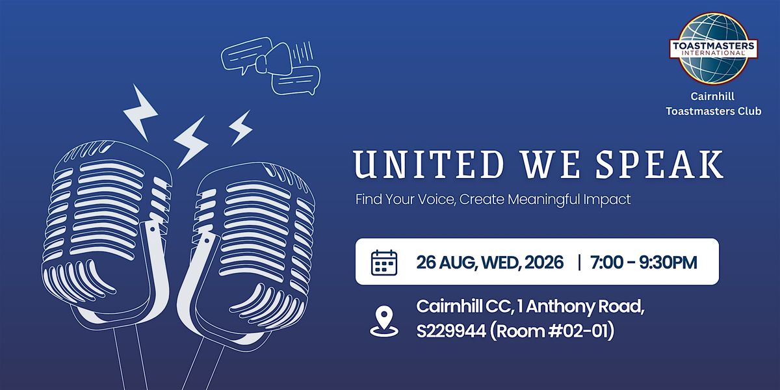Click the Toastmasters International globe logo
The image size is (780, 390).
[x=714, y=49]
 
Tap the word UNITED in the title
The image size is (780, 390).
[x=428, y=164]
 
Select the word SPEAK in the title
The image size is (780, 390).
[x=659, y=164]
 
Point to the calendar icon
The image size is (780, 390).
[x=384, y=263]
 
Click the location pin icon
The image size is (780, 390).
[x=384, y=321]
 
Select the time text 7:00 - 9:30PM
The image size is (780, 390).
[x=644, y=262]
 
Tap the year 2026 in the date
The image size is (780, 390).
[x=544, y=262]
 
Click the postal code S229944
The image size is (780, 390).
[x=451, y=331]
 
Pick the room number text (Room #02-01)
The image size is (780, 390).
[x=552, y=331]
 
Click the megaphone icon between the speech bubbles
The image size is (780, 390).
[x=275, y=59]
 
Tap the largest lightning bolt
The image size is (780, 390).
[x=140, y=112]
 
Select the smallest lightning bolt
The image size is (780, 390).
[x=240, y=128]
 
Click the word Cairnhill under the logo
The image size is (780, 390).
[x=712, y=96]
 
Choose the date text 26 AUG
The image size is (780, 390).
[x=446, y=263]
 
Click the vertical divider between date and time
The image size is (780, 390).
[x=579, y=262]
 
